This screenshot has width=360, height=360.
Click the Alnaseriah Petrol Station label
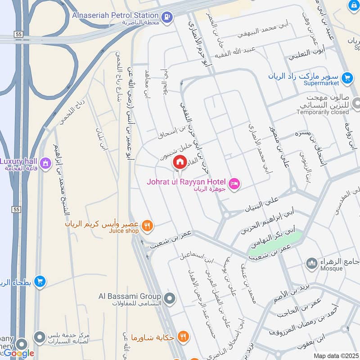click(x=115, y=15)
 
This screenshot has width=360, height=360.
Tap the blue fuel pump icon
click(x=167, y=17)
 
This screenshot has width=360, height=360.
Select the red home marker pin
click(x=180, y=162)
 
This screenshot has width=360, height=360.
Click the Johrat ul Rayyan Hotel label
click(x=186, y=182)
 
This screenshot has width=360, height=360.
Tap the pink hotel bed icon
click(x=234, y=183)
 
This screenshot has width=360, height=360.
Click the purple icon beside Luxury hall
click(x=45, y=163)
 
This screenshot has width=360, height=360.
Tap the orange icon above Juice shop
click(x=147, y=225)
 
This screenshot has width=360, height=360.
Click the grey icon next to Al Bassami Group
click(x=170, y=298)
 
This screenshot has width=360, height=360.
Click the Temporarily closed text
click(x=323, y=112)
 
